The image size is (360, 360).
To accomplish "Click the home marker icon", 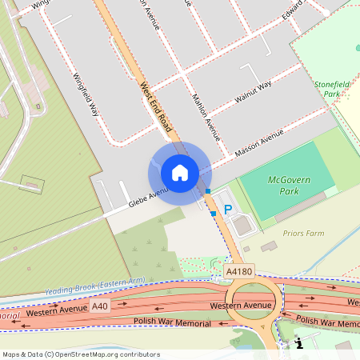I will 180,173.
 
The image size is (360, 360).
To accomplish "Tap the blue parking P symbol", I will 227,210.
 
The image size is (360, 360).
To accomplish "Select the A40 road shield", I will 99,306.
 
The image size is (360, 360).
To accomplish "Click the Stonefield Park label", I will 332,89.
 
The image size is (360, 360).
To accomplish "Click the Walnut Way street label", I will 253,90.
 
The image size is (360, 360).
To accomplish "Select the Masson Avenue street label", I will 259,146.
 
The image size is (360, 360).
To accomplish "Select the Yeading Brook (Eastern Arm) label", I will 95,285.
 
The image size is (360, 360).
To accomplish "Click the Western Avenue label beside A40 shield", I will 56,310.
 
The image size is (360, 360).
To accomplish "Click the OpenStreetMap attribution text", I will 81,354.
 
